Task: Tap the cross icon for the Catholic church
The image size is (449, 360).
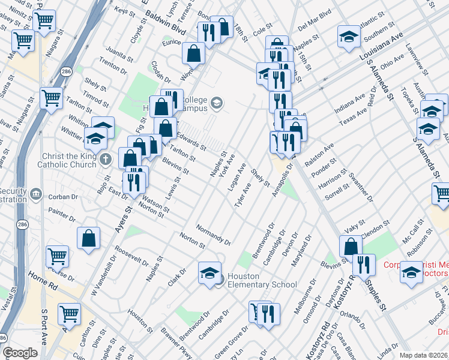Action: [x=106, y=159]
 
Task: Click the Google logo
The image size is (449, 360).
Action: [x=20, y=353]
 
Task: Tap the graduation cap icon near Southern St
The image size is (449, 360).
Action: [x=349, y=36]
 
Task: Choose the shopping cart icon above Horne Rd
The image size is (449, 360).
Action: [x=57, y=256]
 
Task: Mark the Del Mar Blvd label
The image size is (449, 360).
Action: [x=315, y=29]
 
